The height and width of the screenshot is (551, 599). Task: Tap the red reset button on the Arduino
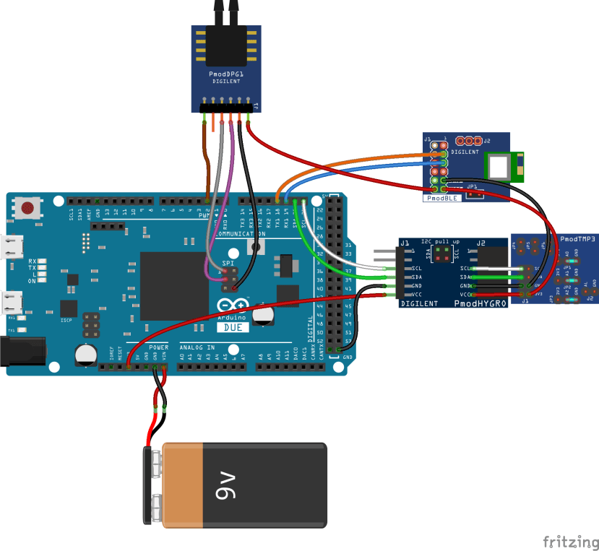tap(28, 209)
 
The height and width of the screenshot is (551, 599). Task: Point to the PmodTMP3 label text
tap(577, 238)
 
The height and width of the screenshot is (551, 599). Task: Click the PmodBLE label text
tap(441, 197)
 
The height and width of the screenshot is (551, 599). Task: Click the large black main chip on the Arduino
tap(173, 285)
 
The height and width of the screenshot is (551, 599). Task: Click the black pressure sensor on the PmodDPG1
tap(225, 45)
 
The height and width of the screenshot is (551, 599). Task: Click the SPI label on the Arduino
tap(228, 264)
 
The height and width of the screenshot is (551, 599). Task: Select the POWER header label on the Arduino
tap(158, 347)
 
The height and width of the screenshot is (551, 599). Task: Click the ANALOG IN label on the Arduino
tap(197, 347)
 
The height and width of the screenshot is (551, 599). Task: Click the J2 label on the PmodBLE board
tap(487, 141)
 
